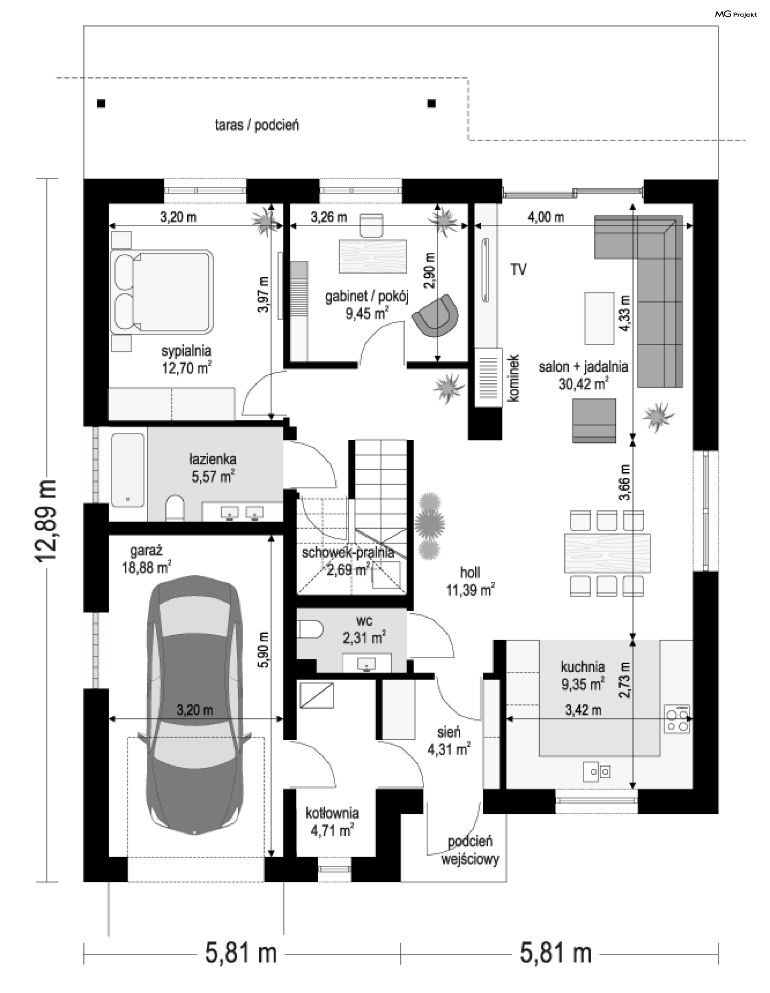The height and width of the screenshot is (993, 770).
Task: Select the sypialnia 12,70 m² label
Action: point(186,359)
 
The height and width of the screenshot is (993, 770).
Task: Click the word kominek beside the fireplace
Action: point(514,378)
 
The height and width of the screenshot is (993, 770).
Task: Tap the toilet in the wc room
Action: point(311,630)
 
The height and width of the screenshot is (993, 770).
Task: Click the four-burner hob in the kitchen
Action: point(677,719)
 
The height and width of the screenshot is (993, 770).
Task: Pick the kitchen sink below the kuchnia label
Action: point(597,771)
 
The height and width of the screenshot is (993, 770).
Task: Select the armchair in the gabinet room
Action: point(436,316)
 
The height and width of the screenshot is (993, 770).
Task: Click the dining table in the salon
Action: point(607,553)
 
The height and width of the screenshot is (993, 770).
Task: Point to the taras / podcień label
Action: point(257,125)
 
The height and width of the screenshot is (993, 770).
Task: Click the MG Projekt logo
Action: point(736,14)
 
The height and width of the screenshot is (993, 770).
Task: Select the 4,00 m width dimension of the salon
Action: point(546,218)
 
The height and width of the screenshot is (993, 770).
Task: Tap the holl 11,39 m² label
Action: point(470,582)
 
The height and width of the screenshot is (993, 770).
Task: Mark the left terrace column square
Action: point(101,104)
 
